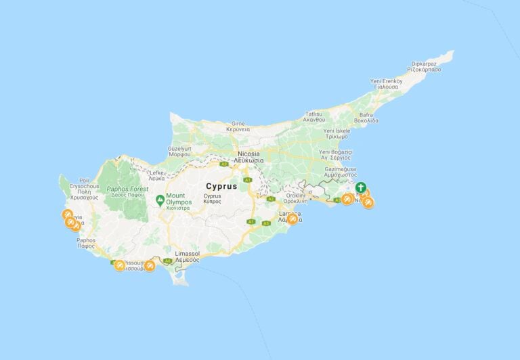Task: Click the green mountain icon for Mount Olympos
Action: (160, 199)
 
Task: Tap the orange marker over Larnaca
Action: (292, 219)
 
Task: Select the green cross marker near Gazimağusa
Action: (361, 187)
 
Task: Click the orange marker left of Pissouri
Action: (120, 265)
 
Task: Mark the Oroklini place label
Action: (296, 198)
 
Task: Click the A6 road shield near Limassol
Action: (167, 261)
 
